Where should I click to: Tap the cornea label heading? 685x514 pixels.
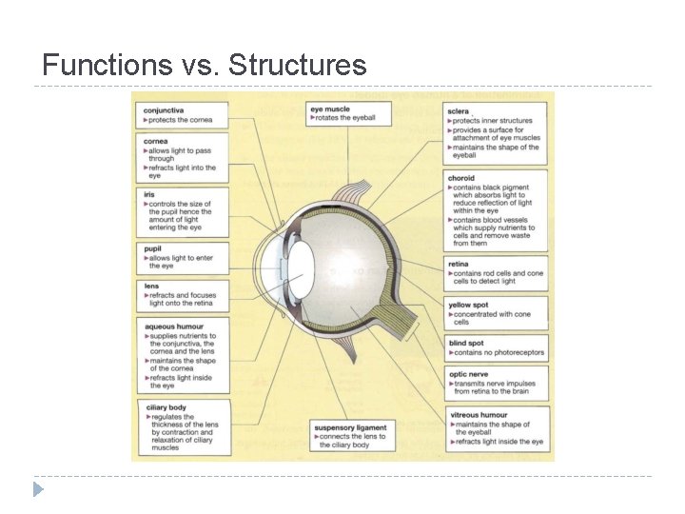(x=155, y=141)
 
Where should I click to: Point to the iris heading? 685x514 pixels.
(x=149, y=194)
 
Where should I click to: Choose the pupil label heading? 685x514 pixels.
(x=152, y=248)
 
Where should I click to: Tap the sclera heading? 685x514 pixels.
(x=458, y=111)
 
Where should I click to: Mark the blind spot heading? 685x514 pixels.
(x=465, y=343)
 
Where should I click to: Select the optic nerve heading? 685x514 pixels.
(x=468, y=374)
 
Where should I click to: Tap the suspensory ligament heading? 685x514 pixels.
(x=350, y=427)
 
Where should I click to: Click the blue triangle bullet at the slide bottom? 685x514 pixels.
(x=38, y=489)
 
